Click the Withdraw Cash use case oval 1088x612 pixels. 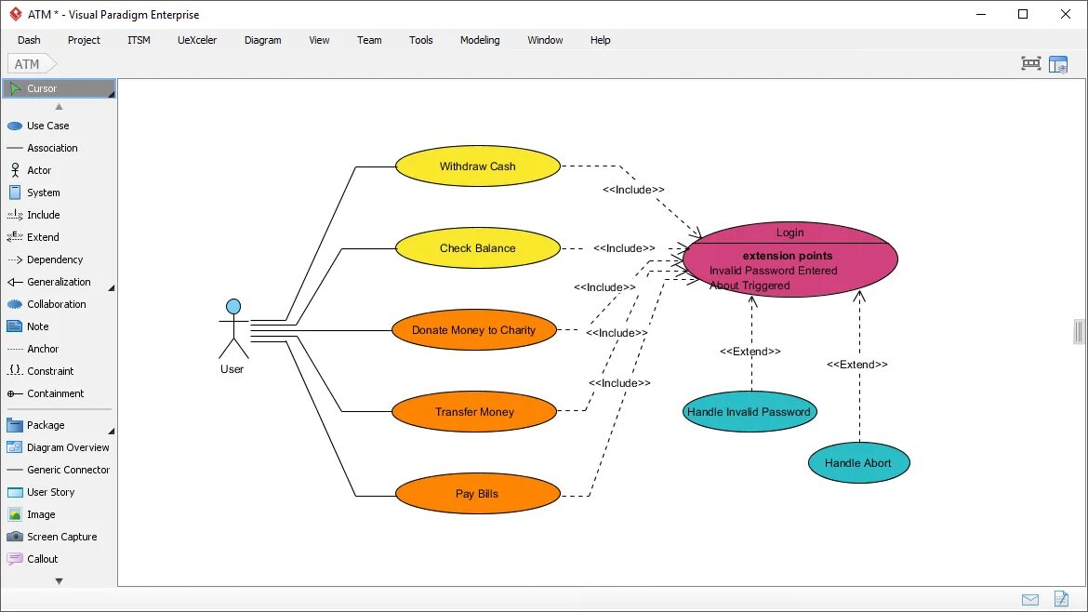[477, 166]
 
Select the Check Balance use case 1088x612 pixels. [477, 248]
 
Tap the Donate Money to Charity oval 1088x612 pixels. [473, 330]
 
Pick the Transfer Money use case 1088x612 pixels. [474, 412]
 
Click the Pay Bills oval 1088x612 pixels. [477, 494]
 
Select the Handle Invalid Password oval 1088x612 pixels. [749, 412]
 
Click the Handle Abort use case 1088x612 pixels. [857, 463]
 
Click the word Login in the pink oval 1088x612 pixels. [789, 233]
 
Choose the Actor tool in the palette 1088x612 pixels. [39, 170]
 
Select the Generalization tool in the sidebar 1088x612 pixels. [59, 282]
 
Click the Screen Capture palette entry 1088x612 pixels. [61, 537]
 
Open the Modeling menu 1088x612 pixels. [480, 40]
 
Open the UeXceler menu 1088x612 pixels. [197, 40]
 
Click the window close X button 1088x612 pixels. [1066, 14]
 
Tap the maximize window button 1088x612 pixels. [1023, 14]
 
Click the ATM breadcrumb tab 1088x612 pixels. [28, 64]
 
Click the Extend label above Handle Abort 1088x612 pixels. [856, 365]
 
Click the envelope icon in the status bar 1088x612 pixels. [1029, 599]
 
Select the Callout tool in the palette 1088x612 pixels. [42, 559]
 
